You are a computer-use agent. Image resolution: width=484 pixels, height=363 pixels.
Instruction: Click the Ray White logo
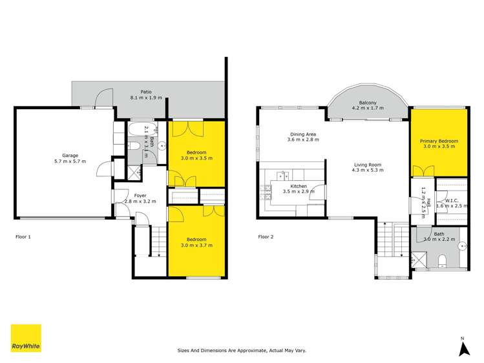(x=25, y=338)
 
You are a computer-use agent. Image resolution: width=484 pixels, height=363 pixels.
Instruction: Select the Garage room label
(x=70, y=156)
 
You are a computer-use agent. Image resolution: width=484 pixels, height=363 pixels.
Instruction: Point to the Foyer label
(x=140, y=195)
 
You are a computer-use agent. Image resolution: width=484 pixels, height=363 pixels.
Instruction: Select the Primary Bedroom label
(x=439, y=141)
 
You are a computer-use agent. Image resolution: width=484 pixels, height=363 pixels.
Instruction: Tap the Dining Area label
(x=302, y=134)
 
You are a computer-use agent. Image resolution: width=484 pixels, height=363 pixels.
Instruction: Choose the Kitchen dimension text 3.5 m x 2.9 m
(x=297, y=192)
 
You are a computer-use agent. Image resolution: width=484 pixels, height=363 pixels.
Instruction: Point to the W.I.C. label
(x=451, y=200)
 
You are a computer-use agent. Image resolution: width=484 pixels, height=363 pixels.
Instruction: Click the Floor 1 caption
(x=23, y=237)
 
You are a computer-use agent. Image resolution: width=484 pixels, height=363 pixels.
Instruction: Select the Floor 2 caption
(x=266, y=237)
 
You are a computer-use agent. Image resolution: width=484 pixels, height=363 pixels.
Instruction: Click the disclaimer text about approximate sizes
(x=242, y=351)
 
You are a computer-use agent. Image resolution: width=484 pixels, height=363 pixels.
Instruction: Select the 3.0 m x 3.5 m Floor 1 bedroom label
(x=196, y=154)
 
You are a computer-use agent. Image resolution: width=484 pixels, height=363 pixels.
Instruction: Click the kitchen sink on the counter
(x=282, y=175)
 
